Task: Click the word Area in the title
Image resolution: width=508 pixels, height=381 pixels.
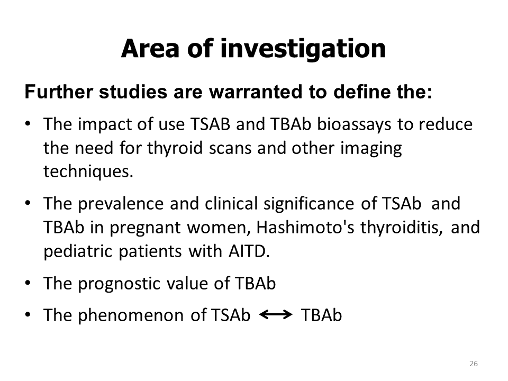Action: pyautogui.click(x=150, y=48)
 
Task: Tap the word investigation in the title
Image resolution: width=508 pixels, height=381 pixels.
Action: pyautogui.click(x=303, y=49)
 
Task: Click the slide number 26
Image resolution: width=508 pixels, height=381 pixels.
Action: pyautogui.click(x=473, y=364)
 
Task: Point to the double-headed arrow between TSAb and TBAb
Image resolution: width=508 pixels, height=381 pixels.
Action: pyautogui.click(x=276, y=314)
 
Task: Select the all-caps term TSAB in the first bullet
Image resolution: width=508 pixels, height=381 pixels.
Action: pyautogui.click(x=210, y=124)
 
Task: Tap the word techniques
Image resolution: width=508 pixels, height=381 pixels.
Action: pyautogui.click(x=88, y=171)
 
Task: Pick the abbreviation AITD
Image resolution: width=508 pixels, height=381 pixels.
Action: pyautogui.click(x=249, y=251)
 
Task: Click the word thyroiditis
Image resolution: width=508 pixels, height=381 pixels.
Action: pyautogui.click(x=402, y=228)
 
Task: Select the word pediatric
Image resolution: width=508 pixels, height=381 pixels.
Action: pyautogui.click(x=77, y=252)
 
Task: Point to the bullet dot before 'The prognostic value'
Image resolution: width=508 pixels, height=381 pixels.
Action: pyautogui.click(x=28, y=283)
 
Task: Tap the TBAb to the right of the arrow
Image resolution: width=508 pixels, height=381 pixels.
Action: pyautogui.click(x=321, y=315)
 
